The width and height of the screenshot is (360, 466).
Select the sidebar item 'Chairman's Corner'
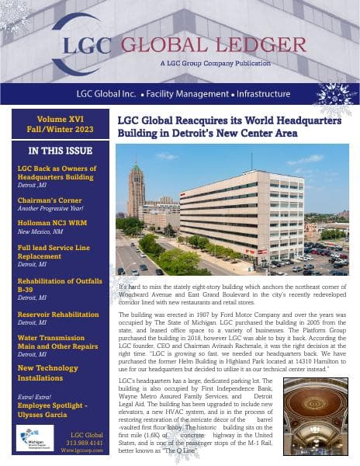pyautogui.click(x=49, y=197)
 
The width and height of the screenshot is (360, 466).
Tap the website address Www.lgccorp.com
pyautogui.click(x=85, y=450)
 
